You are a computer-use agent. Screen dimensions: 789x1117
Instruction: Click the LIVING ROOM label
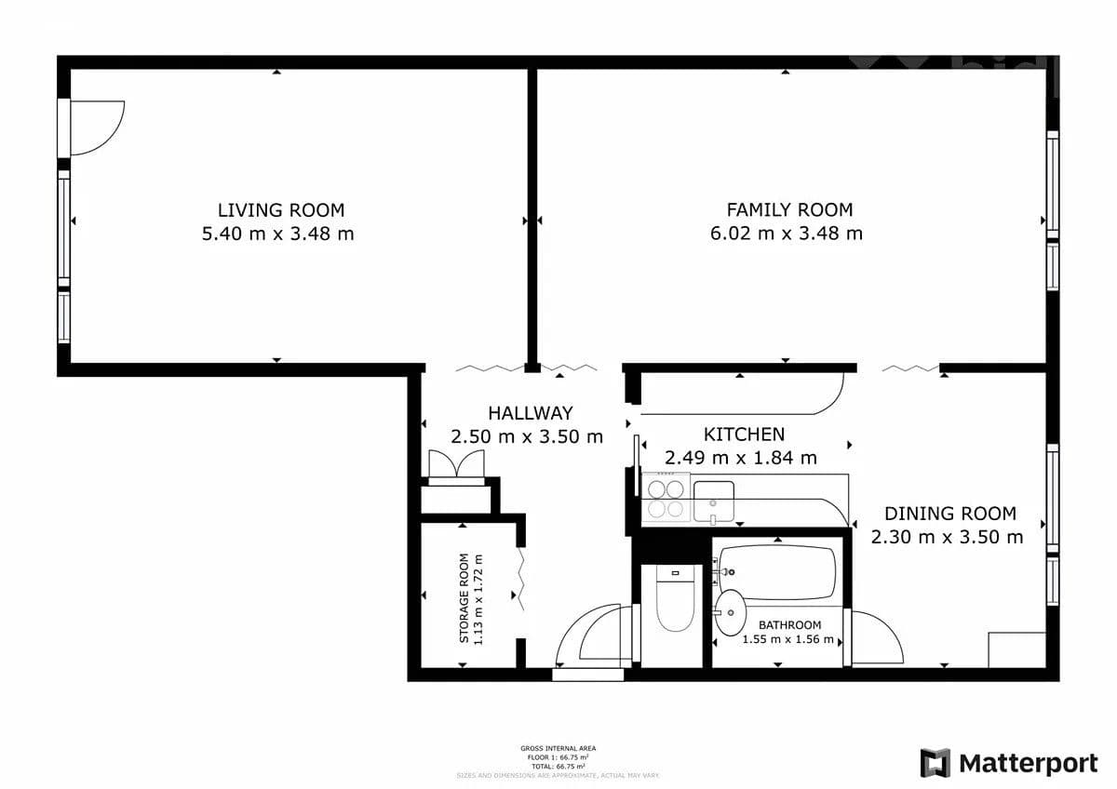(280, 210)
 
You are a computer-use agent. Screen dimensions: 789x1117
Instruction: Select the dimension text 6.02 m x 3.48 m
(786, 234)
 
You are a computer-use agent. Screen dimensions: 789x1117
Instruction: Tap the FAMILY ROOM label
(789, 210)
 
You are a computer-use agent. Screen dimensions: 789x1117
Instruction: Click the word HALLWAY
(530, 413)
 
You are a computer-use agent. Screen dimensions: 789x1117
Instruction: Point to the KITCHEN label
(744, 434)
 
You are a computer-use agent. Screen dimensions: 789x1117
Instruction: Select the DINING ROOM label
(949, 514)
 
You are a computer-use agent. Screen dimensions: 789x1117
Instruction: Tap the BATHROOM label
(789, 625)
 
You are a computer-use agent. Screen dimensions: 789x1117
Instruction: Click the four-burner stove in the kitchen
(666, 499)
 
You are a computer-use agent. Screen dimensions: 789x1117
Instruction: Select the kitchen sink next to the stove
(714, 500)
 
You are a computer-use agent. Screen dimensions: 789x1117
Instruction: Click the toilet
(674, 598)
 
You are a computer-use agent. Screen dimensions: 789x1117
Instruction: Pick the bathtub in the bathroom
(777, 572)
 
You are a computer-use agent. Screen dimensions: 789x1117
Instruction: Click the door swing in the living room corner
(97, 127)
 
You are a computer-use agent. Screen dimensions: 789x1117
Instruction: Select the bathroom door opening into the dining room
(877, 637)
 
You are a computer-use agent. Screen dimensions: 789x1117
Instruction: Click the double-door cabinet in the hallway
(455, 465)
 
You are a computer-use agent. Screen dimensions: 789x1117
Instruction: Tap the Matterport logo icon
(935, 763)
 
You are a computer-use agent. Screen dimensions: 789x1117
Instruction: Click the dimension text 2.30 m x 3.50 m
(947, 537)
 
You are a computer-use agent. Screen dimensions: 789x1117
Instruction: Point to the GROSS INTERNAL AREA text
(558, 748)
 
